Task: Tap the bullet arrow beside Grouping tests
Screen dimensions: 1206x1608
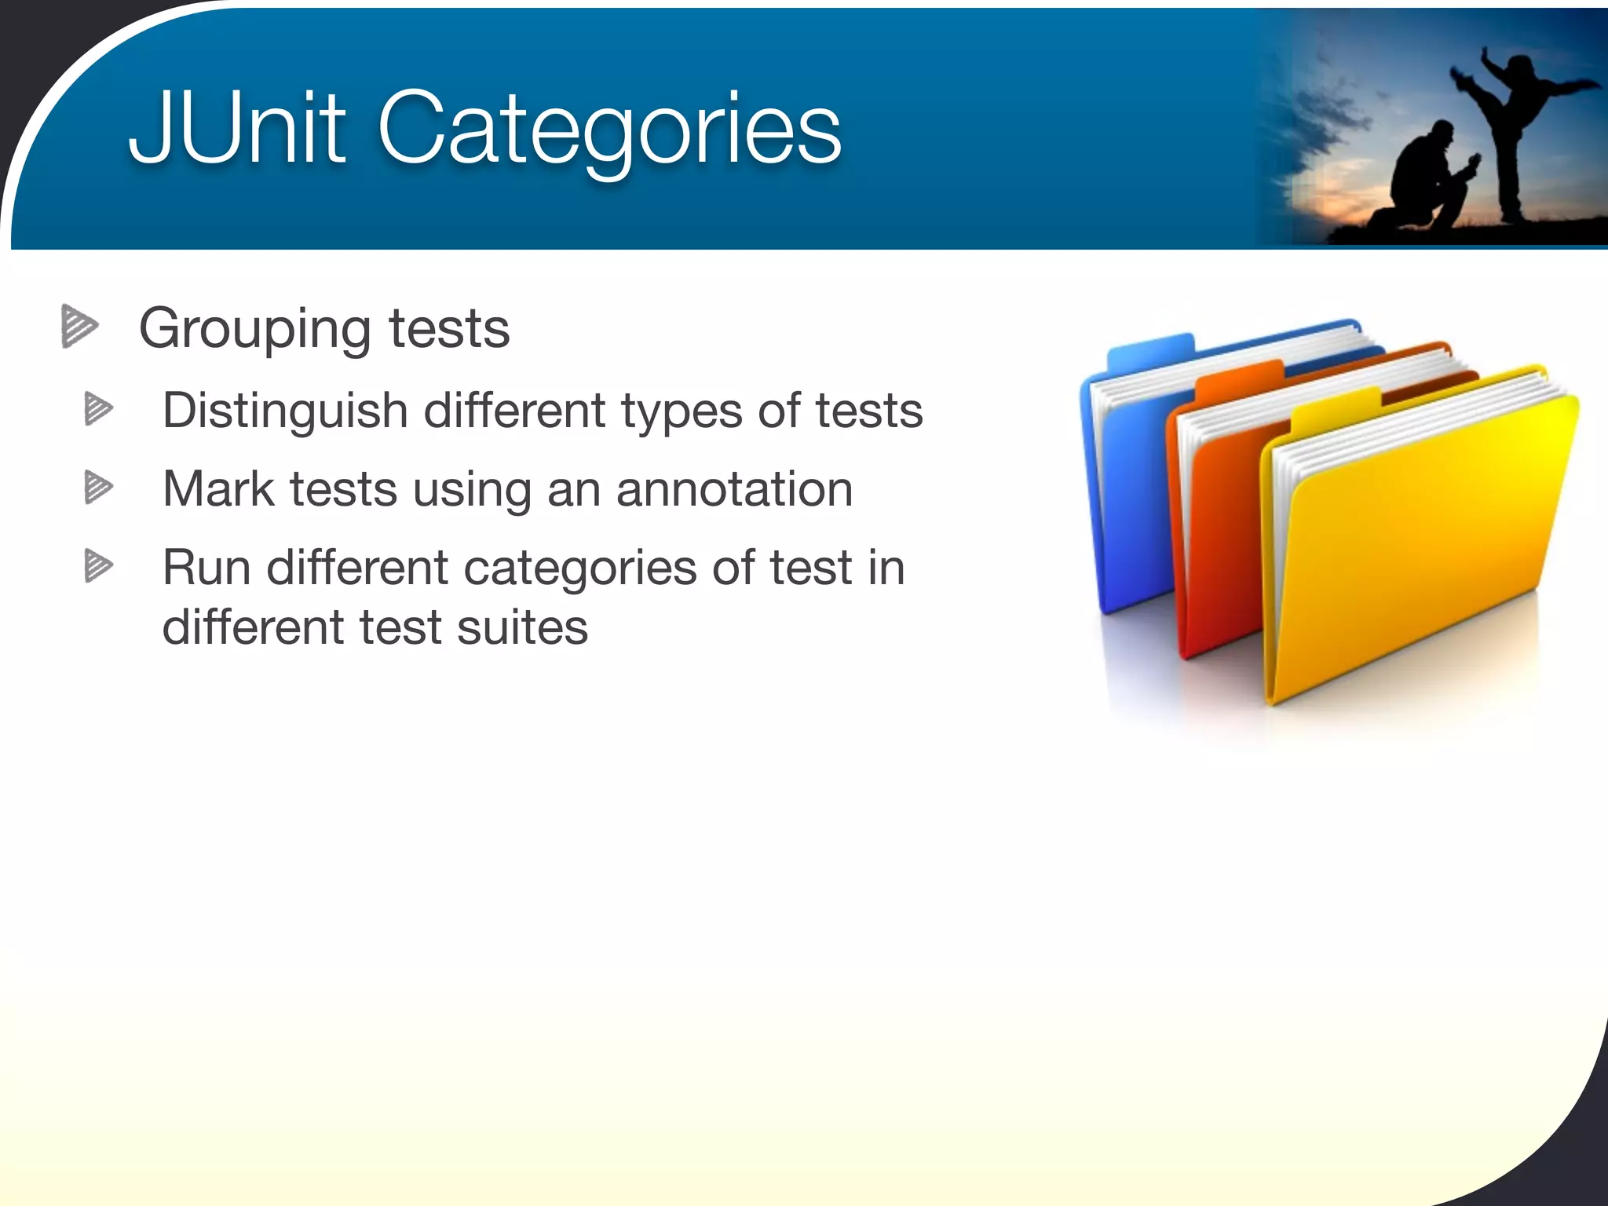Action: (79, 326)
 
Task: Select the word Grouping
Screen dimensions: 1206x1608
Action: (254, 330)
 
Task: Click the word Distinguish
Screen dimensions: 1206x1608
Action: (285, 411)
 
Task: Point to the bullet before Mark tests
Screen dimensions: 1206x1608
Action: (98, 488)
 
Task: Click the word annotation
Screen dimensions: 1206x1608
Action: (734, 489)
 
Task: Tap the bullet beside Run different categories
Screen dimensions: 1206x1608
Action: (98, 566)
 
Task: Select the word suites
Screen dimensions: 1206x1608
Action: (522, 627)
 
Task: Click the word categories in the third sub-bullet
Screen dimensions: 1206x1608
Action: (579, 568)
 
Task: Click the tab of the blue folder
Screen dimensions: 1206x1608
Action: (1150, 350)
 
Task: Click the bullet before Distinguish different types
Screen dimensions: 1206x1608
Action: (98, 409)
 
